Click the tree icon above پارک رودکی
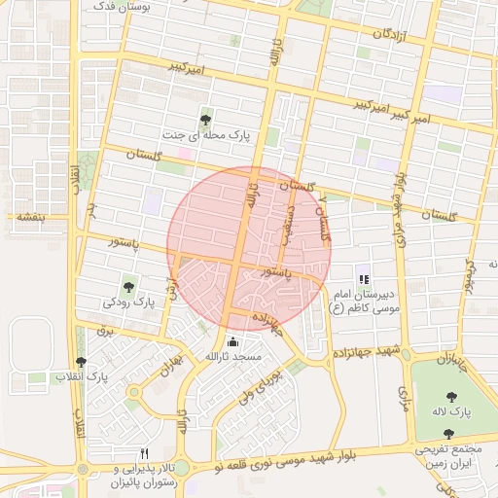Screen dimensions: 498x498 coord(128,287)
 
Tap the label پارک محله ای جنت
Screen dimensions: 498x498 coord(208,136)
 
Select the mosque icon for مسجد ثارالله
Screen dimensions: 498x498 coord(232,341)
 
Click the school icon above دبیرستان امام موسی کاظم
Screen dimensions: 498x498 coord(364,279)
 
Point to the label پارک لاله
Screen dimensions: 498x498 coord(452,411)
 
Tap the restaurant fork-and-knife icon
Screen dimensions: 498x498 coord(145,453)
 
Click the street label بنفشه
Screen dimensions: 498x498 coord(26,217)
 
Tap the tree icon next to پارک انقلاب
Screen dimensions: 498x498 coord(82,361)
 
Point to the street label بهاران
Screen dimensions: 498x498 coord(172,366)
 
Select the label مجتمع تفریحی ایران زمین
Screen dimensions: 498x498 coord(455,457)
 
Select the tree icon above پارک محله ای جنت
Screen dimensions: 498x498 coord(205,121)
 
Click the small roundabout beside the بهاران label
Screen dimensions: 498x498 coord(133,392)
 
